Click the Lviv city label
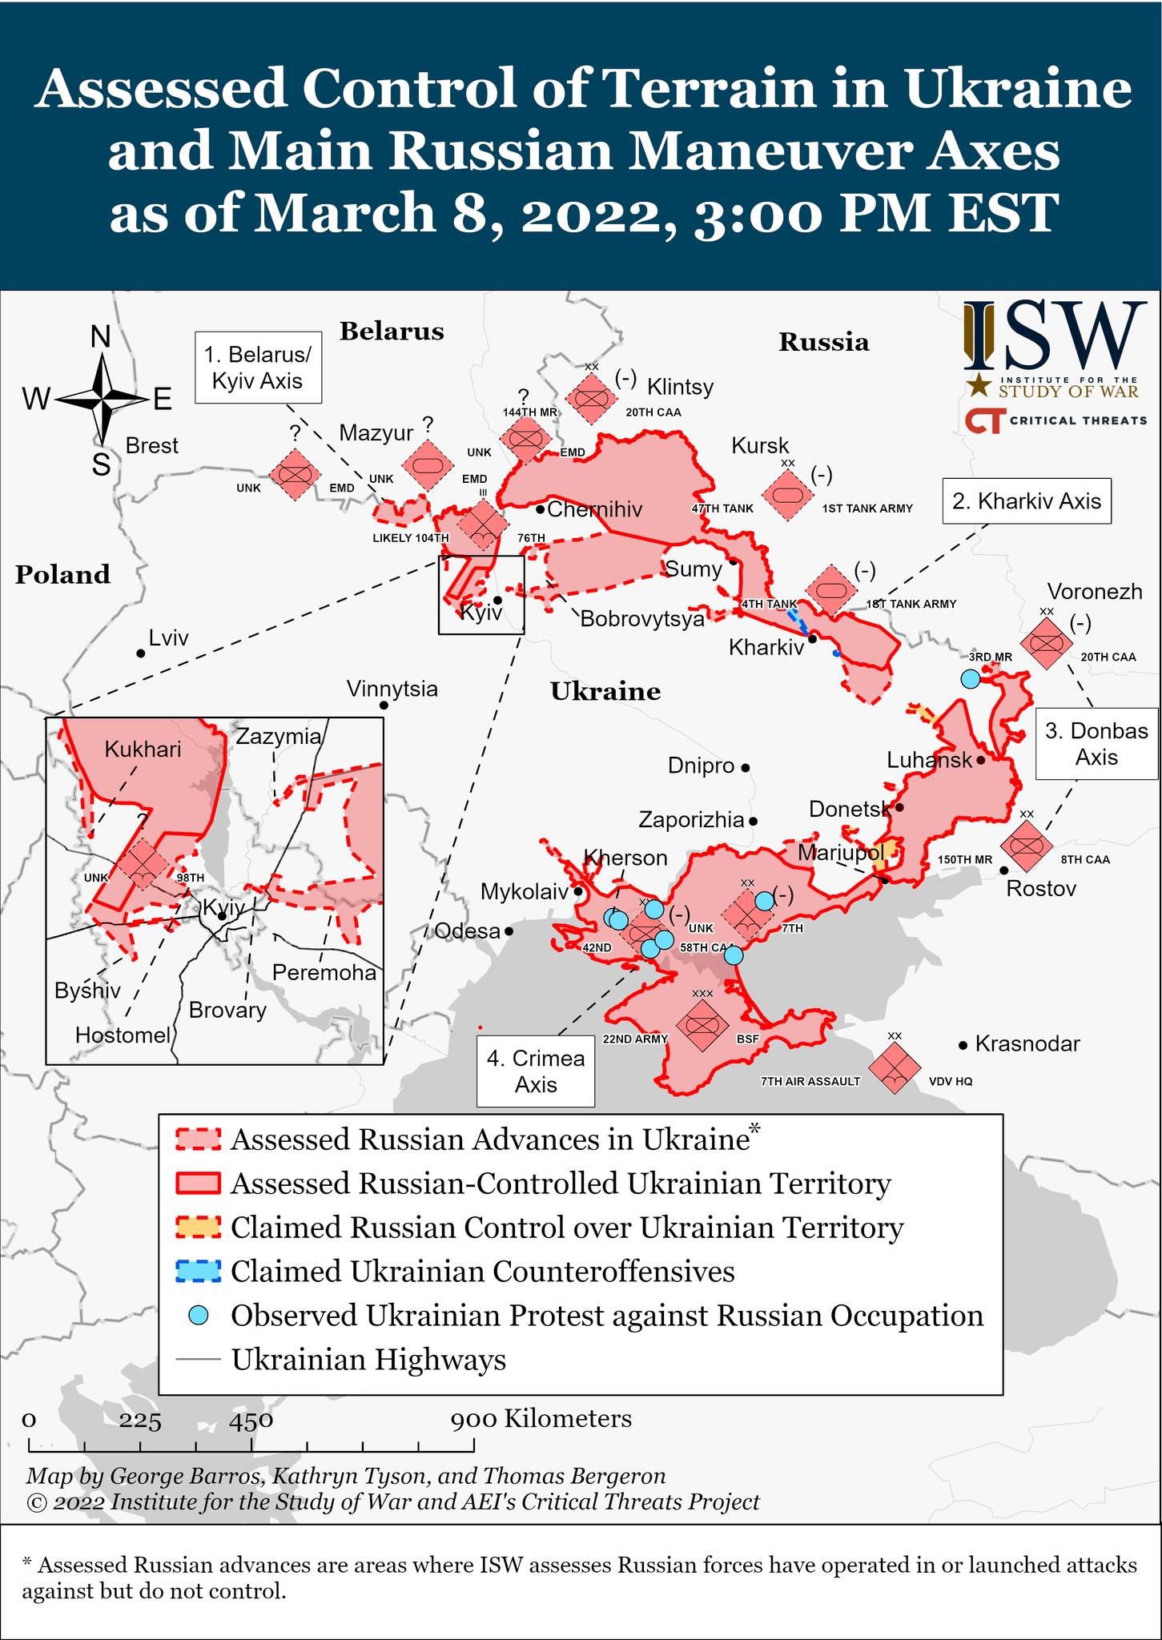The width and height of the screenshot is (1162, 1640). coord(169,638)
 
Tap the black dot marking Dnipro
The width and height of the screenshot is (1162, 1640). coord(745,767)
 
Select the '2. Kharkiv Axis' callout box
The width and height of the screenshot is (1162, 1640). coord(1027,501)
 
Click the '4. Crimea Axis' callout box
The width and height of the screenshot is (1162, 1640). coord(536,1071)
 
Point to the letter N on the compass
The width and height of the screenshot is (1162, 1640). coord(100,338)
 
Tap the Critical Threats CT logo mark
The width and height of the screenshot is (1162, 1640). coord(984,420)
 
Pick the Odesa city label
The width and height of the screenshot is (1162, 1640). coord(467,931)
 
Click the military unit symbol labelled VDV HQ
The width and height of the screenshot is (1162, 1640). coord(894,1070)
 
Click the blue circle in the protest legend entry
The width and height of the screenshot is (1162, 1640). coord(199,1315)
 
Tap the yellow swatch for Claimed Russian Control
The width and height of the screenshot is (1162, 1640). coord(198,1227)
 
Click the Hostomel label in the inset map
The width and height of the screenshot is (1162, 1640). coord(123,1035)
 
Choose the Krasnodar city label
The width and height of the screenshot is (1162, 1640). coord(1028,1044)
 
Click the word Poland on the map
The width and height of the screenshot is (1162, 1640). coord(62,574)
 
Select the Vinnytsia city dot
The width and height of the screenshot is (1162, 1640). coord(384,705)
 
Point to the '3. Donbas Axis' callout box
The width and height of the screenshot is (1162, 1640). coord(1096,744)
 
